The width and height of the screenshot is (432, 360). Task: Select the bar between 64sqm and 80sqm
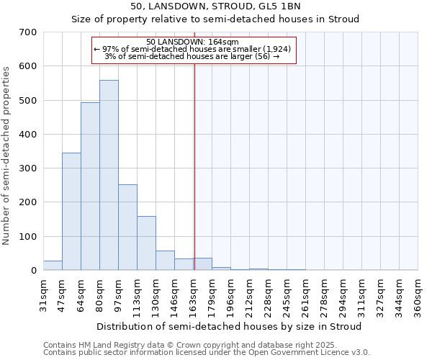[90, 186]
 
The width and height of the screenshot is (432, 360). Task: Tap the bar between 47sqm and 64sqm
[71, 212]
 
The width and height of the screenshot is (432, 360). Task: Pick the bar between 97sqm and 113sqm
[127, 228]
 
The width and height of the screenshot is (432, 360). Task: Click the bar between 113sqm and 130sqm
[146, 243]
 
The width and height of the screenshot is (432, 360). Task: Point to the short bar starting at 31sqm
[53, 266]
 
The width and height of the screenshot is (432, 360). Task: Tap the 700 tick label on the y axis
[28, 32]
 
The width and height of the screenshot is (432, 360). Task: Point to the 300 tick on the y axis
[28, 168]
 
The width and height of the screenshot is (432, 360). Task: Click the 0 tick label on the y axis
[33, 271]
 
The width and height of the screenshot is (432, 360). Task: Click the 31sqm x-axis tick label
[43, 294]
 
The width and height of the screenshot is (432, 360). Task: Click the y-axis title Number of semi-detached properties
[7, 155]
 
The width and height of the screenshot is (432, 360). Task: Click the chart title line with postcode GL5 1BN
[215, 6]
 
